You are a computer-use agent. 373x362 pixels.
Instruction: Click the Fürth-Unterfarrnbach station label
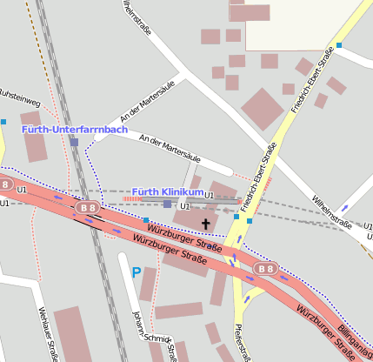point(74,130)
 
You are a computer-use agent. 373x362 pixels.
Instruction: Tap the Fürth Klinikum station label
point(168,191)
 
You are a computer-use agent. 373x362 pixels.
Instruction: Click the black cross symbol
point(206,224)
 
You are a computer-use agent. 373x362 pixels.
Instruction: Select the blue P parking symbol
point(136,272)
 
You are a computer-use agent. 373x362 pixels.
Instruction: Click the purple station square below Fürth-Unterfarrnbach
point(75,142)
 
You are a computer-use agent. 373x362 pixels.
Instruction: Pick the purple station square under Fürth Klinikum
point(168,204)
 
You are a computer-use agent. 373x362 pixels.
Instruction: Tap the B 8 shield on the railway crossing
point(87,208)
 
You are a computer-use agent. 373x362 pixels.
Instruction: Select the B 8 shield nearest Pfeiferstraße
point(266,268)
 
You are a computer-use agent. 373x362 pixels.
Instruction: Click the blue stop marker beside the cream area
point(339,45)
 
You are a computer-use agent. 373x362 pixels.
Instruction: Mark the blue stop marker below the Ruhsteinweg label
point(3,122)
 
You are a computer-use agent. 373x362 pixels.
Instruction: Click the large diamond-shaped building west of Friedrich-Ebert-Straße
point(263,109)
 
